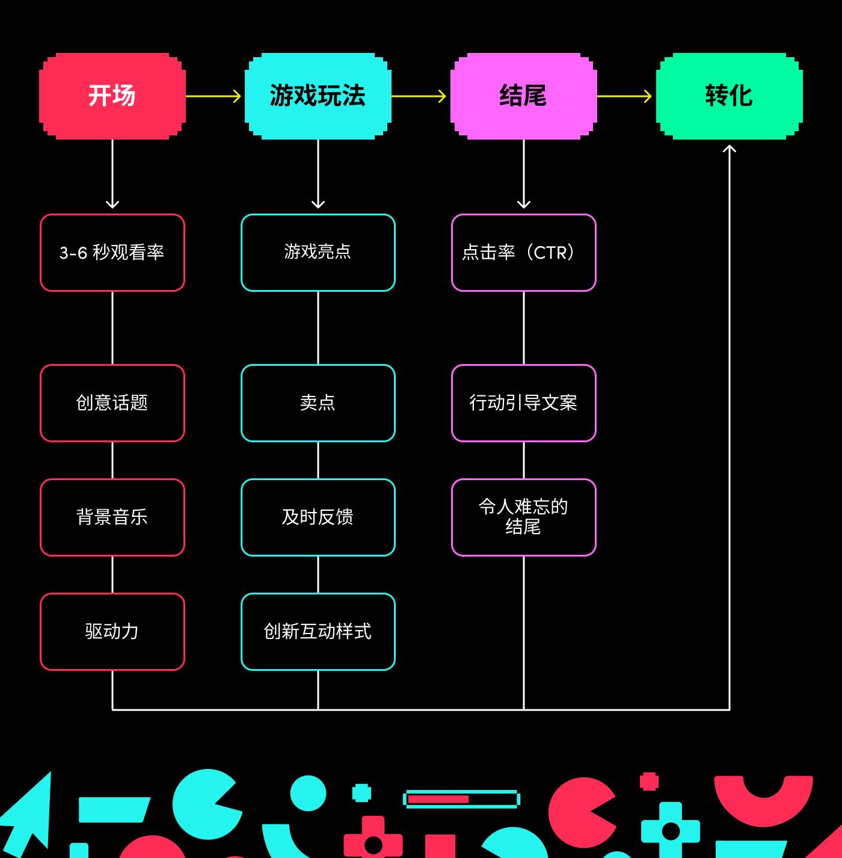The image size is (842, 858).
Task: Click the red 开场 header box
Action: [x=112, y=96]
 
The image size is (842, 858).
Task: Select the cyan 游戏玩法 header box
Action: [x=318, y=96]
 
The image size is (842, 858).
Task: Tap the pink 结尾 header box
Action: [x=524, y=96]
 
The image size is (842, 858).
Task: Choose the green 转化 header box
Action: [x=730, y=96]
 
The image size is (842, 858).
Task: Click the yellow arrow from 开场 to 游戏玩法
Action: [x=214, y=96]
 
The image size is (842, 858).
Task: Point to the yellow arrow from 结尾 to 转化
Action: [x=624, y=96]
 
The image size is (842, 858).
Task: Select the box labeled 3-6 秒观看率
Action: [x=112, y=253]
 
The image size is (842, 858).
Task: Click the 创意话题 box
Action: [x=112, y=403]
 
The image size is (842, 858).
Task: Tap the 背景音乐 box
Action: [x=112, y=517]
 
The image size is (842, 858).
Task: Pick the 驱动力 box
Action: [x=112, y=632]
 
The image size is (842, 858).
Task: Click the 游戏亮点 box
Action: [x=318, y=253]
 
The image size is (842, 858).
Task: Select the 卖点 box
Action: [x=318, y=403]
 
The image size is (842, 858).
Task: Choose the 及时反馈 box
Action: [x=318, y=517]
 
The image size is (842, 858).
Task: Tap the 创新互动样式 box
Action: [x=318, y=632]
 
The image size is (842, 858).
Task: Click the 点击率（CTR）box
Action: [x=524, y=253]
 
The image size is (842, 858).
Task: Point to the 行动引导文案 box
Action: [x=524, y=403]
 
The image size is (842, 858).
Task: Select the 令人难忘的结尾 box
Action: [x=524, y=517]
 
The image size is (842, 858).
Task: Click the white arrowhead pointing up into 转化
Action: [x=730, y=148]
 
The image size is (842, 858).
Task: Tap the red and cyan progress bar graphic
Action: [x=461, y=799]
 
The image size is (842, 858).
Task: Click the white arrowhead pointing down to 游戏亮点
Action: [x=318, y=205]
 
